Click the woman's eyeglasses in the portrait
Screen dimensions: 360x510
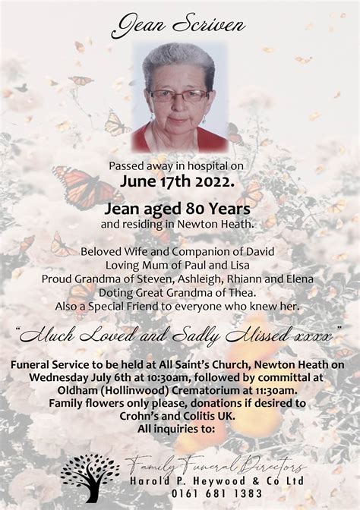pyautogui.click(x=178, y=95)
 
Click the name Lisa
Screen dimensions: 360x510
pyautogui.click(x=242, y=265)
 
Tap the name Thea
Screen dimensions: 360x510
pyautogui.click(x=235, y=292)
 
